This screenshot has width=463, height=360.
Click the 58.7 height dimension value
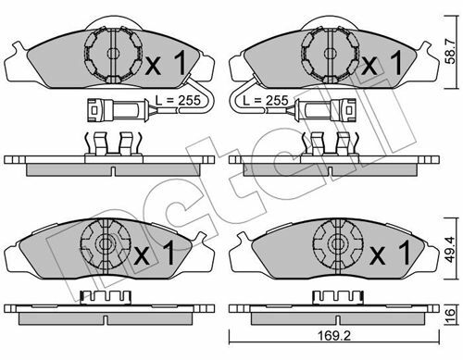click(x=451, y=51)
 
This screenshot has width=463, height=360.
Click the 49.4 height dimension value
click(x=451, y=250)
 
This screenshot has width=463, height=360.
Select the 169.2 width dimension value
click(x=334, y=336)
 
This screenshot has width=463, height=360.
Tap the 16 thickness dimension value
click(x=451, y=314)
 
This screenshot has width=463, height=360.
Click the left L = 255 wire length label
click(x=178, y=100)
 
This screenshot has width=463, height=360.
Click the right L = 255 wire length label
click(x=266, y=100)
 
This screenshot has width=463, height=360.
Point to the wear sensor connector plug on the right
click(x=326, y=109)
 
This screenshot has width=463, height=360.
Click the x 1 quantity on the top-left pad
click(x=166, y=63)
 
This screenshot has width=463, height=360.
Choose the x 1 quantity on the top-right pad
click(x=382, y=63)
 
